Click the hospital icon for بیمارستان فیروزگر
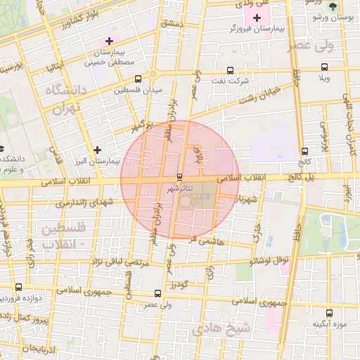(x=257, y=17)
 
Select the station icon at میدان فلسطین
(x=137, y=79)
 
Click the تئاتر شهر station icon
(x=180, y=176)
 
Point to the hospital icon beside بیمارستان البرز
(x=97, y=150)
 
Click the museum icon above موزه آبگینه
(x=328, y=313)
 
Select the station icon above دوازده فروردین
(x=18, y=288)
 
